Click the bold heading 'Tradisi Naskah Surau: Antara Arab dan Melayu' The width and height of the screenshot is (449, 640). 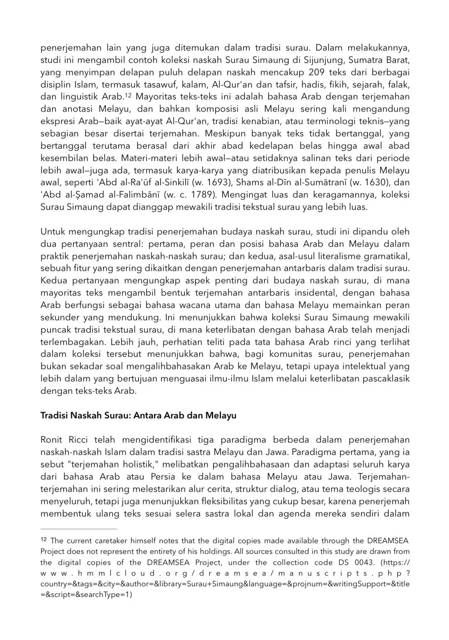coord(138,415)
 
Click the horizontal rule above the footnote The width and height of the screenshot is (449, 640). coord(79,529)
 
